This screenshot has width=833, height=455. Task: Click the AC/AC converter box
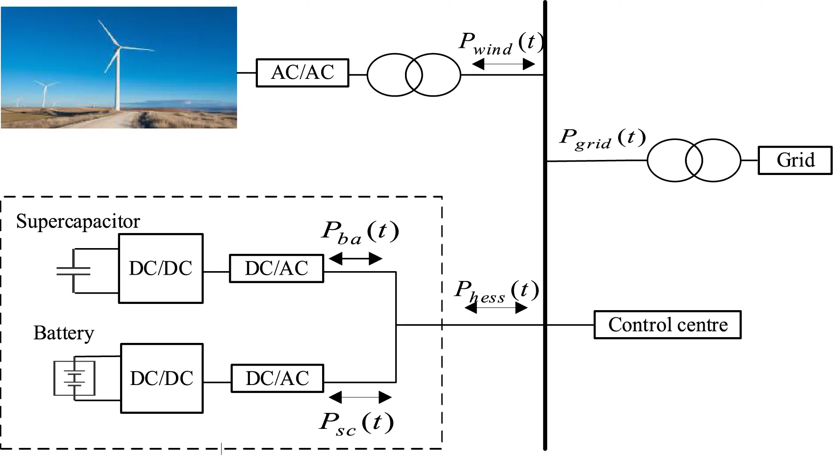tap(302, 73)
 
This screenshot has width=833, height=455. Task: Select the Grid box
tap(795, 160)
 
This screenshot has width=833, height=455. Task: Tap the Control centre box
tap(667, 325)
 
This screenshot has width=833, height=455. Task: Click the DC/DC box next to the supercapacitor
tap(160, 268)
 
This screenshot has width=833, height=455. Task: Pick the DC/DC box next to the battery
tap(162, 378)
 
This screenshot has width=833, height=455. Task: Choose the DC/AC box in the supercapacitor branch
tap(276, 268)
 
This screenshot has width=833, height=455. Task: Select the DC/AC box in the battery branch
tap(277, 378)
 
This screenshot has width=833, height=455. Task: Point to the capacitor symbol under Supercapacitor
tap(74, 271)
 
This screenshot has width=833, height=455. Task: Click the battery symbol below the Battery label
tap(74, 378)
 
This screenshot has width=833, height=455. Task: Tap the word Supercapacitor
tap(78, 221)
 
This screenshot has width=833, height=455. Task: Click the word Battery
tap(64, 333)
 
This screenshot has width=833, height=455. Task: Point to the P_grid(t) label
tap(602, 139)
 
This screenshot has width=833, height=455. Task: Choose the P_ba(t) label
tap(360, 233)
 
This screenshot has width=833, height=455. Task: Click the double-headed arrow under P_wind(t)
tap(504, 65)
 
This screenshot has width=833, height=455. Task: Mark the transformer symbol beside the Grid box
tap(693, 160)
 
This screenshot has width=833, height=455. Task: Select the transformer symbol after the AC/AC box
tap(414, 75)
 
